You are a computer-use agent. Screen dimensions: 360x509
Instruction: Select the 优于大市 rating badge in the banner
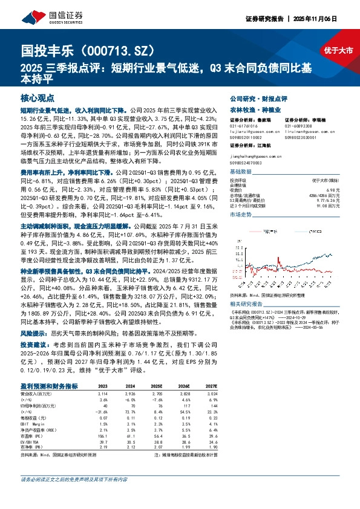(x=337, y=50)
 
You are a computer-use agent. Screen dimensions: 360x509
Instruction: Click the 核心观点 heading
(x=38, y=97)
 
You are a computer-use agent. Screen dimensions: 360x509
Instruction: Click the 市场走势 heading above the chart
(x=240, y=215)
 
